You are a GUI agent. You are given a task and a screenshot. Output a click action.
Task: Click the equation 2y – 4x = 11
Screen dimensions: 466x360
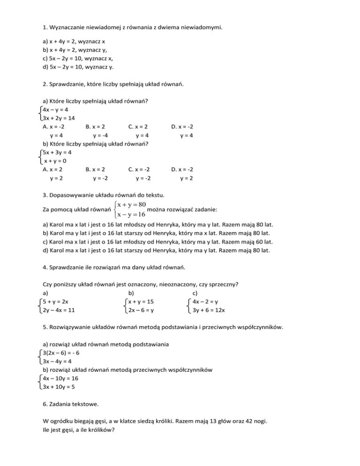pyautogui.click(x=59, y=310)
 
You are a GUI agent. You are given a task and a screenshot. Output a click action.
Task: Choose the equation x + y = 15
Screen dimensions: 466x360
pyautogui.click(x=141, y=301)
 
